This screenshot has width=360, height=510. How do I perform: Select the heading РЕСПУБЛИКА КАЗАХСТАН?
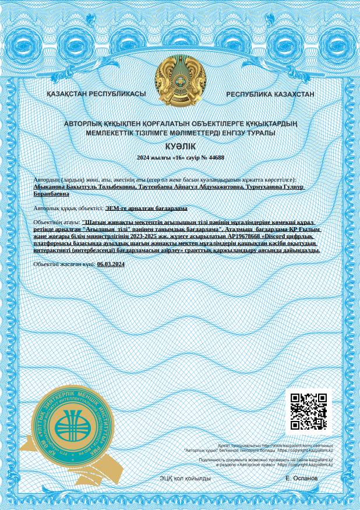click(x=270, y=94)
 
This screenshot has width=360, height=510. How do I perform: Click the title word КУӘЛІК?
click(x=181, y=146)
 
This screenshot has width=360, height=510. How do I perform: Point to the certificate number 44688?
click(x=216, y=158)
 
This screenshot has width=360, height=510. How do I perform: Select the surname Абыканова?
click(x=51, y=187)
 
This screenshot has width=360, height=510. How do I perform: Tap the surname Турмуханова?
click(x=267, y=187)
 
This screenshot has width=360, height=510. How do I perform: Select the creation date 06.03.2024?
click(x=111, y=264)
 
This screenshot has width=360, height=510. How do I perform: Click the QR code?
click(x=308, y=412)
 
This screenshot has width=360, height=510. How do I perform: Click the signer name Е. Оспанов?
click(x=301, y=478)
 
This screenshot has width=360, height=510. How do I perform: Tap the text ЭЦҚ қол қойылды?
click(x=185, y=478)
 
